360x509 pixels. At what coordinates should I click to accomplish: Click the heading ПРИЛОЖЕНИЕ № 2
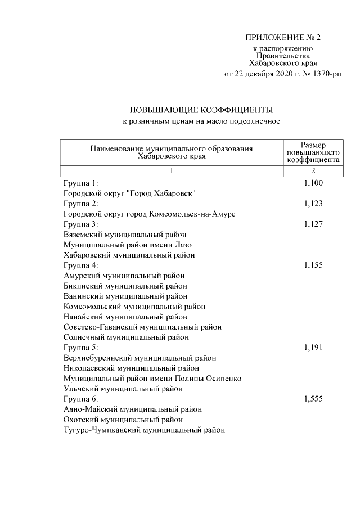[282, 38]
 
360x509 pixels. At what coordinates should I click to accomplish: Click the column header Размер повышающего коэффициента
[313, 152]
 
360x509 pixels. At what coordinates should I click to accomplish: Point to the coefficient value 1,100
[313, 183]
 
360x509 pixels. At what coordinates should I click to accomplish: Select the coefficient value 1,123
[313, 204]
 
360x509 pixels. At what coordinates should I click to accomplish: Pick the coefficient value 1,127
[313, 224]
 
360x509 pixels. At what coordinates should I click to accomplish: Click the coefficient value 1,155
[313, 265]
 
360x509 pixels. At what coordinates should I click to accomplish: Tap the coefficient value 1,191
[313, 348]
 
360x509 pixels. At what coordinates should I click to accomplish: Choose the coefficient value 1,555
[313, 399]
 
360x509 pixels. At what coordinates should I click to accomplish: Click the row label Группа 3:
[81, 224]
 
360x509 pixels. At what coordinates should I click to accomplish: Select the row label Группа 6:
[81, 399]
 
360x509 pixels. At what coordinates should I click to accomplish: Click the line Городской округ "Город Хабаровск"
[129, 193]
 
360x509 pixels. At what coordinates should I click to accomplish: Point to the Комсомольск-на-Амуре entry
[149, 214]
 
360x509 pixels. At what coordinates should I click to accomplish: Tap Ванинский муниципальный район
[125, 296]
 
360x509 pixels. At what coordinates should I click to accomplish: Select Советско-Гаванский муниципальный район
[142, 327]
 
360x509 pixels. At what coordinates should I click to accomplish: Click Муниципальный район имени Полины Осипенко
[152, 379]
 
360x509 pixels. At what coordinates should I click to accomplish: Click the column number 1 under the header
[171, 170]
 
